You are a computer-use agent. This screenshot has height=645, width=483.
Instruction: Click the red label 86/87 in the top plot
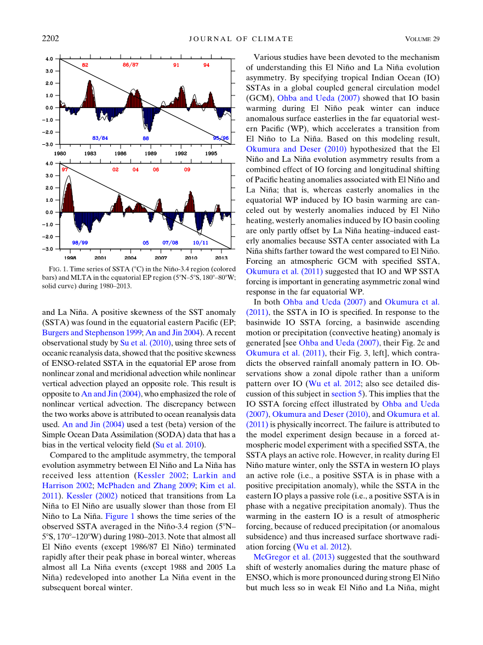[130, 65]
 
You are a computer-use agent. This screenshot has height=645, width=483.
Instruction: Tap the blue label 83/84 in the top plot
[100, 138]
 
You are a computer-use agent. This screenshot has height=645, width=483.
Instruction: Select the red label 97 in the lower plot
[65, 170]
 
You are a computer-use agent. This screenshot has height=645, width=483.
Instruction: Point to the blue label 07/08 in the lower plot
[170, 242]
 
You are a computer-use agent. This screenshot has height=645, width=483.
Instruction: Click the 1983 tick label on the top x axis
[90, 154]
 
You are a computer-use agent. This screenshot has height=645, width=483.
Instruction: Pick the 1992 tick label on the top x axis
[180, 154]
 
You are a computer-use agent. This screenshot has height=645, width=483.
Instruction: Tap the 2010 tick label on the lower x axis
[191, 258]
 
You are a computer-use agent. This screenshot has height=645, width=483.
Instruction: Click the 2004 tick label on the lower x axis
[130, 258]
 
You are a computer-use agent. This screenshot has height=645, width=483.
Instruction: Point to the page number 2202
[50, 38]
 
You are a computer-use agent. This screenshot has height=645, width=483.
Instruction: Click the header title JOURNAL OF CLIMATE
[241, 39]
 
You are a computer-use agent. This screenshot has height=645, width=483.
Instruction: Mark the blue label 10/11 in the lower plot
[201, 242]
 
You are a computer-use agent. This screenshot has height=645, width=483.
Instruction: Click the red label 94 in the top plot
[206, 65]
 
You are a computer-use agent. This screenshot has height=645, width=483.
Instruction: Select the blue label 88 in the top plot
[146, 138]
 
